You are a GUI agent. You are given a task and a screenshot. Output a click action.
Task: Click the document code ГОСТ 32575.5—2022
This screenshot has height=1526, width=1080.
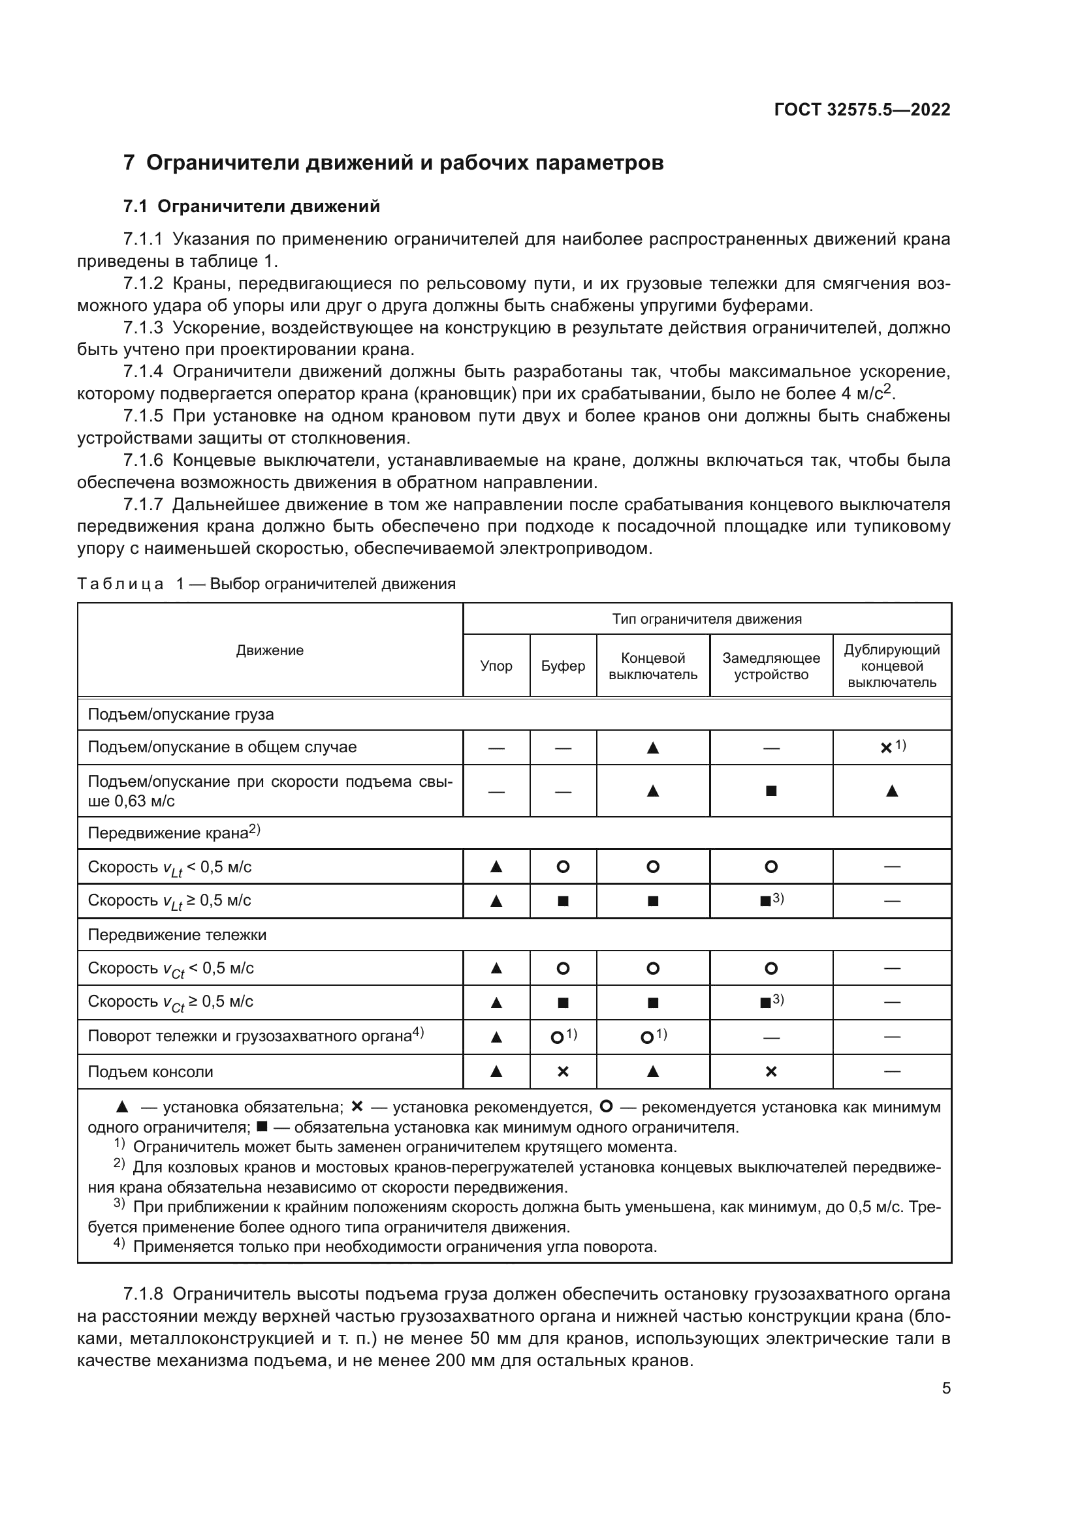[862, 110]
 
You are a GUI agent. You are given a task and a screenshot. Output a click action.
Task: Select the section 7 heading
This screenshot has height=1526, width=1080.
[394, 162]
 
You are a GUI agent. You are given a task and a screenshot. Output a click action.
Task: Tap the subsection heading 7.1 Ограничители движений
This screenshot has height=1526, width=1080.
[252, 206]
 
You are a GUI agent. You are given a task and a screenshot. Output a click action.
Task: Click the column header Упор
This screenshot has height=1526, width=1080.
[496, 666]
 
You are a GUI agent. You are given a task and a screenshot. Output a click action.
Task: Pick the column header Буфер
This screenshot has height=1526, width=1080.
[563, 666]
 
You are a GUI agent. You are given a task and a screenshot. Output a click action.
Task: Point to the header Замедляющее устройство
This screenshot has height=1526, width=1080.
[770, 666]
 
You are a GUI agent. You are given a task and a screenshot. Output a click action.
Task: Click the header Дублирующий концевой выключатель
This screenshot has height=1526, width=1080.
[892, 666]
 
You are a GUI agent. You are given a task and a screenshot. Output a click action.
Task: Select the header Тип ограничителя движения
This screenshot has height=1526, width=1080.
[707, 618]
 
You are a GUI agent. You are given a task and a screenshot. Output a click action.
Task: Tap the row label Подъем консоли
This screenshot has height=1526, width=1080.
[150, 1071]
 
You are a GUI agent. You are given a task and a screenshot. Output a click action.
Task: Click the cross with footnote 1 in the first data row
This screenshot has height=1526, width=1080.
[887, 748]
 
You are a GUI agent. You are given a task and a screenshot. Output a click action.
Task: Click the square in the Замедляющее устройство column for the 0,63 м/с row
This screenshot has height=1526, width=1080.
[770, 791]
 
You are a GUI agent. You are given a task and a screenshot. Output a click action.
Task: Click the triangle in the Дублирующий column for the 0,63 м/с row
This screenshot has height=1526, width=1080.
[892, 791]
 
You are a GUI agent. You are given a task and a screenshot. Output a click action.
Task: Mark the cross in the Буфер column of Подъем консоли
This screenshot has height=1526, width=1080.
[563, 1071]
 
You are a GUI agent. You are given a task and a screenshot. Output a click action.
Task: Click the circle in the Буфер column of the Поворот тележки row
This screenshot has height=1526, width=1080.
[557, 1037]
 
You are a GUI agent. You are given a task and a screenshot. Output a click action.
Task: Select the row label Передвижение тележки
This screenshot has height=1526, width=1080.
[177, 934]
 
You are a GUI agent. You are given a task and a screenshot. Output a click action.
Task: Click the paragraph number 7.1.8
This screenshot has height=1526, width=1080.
[143, 1294]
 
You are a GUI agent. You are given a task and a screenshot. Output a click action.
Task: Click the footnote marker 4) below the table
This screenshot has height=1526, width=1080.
[119, 1245]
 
